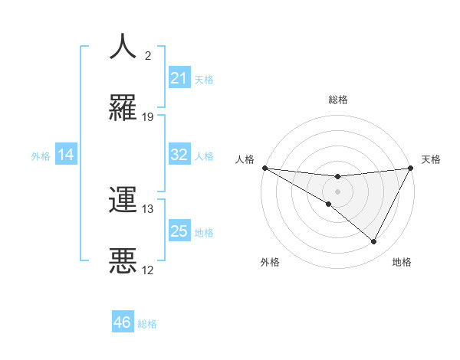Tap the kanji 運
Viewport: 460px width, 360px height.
(123, 199)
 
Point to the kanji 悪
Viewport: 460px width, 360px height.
(123, 260)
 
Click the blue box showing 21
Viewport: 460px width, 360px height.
(179, 78)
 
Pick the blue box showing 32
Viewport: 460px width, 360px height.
(179, 155)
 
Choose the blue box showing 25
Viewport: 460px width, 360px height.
(179, 231)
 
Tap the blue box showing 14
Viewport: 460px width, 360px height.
(66, 155)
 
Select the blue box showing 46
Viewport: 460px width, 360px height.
(122, 323)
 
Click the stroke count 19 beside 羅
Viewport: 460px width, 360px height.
(148, 117)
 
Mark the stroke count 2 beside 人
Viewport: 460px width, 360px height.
(148, 56)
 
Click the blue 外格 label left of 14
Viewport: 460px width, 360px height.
(41, 156)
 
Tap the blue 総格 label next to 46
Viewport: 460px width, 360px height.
(147, 324)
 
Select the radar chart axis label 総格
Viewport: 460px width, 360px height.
(337, 100)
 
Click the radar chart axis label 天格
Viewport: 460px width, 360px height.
(431, 159)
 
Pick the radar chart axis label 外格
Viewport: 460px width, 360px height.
(270, 262)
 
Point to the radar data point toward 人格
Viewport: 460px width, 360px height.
(264, 168)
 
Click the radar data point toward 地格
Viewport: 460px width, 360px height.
(374, 242)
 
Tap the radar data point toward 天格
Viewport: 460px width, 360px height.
(410, 168)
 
